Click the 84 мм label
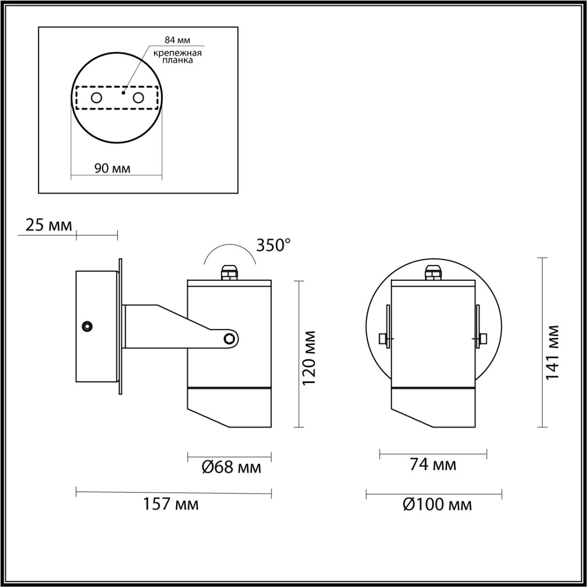click(x=177, y=41)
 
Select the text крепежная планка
click(x=177, y=56)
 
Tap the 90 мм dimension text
click(x=112, y=168)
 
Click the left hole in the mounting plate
click(x=96, y=98)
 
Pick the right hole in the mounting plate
click(x=138, y=98)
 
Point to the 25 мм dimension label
click(x=49, y=226)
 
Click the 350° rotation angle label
click(x=273, y=245)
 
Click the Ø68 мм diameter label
click(x=232, y=468)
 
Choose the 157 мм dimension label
click(x=171, y=504)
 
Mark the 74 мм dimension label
click(x=433, y=465)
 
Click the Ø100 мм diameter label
click(x=437, y=505)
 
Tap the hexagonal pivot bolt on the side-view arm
click(x=229, y=339)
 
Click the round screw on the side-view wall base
click(x=86, y=326)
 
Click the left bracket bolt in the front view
click(x=384, y=339)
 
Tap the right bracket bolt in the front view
click(x=482, y=339)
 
